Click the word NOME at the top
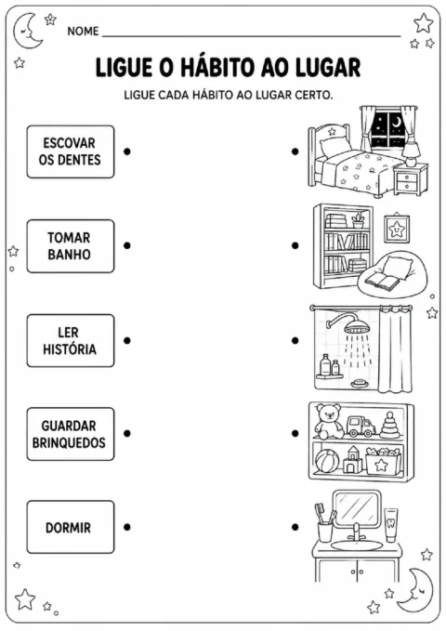[x=83, y=31]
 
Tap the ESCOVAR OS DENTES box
[x=71, y=151]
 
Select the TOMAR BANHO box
[x=71, y=246]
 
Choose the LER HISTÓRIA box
[x=71, y=340]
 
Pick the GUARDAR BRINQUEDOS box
[x=71, y=434]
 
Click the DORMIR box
[x=71, y=527]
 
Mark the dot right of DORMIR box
[x=127, y=527]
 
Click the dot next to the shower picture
[x=295, y=340]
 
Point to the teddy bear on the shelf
[x=329, y=422]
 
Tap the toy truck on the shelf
[x=361, y=427]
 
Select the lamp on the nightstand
[x=411, y=152]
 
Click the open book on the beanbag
[x=381, y=281]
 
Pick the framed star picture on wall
[x=397, y=229]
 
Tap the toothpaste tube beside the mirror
[x=390, y=525]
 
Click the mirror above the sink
[x=357, y=507]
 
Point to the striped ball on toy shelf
[x=327, y=461]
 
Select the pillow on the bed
[x=334, y=147]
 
